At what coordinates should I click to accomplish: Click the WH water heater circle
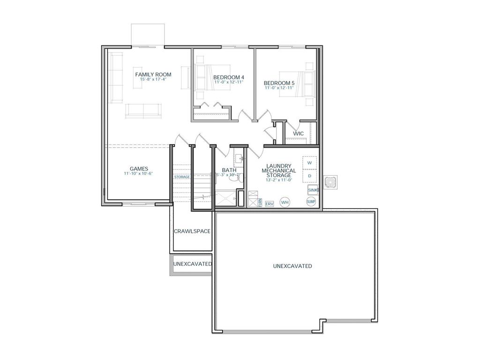tap(285, 202)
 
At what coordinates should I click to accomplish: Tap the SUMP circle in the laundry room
tap(311, 202)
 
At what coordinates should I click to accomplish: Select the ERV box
tap(269, 204)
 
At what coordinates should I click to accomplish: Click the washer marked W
tap(309, 163)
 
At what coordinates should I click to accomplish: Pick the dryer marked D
tap(309, 176)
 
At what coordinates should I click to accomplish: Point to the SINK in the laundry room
tap(313, 190)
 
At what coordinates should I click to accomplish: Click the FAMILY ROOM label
tap(153, 75)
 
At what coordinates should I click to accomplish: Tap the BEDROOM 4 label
tap(228, 77)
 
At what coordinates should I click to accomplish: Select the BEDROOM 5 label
tap(279, 83)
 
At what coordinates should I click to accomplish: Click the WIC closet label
tap(299, 134)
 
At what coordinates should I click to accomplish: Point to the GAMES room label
tap(139, 169)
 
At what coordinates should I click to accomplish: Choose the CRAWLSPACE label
tap(192, 231)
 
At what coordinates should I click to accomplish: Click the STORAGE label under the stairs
tap(182, 177)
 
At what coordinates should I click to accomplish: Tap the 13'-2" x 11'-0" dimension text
tap(279, 180)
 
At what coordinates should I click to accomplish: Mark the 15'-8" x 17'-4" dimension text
tap(153, 80)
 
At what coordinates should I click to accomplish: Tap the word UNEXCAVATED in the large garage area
tap(292, 266)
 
